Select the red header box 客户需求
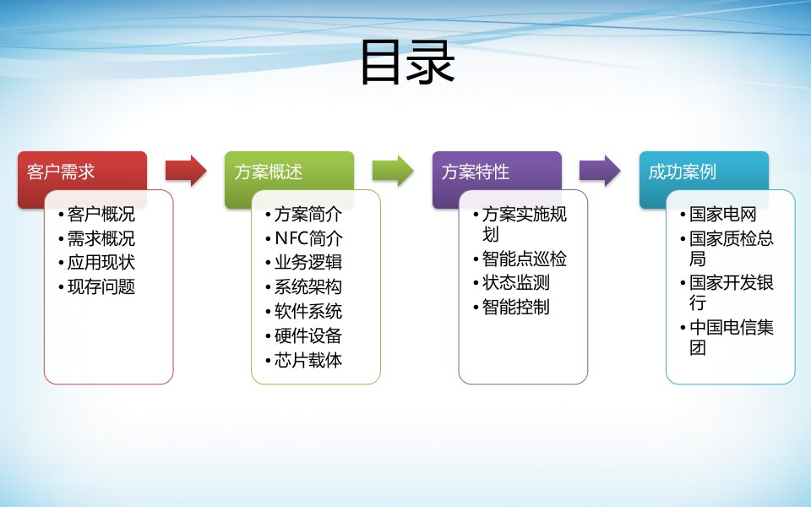tap(82, 172)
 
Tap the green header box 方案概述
tap(289, 172)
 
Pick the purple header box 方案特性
tap(497, 172)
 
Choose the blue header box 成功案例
tap(704, 172)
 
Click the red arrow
tap(186, 171)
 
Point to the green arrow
tap(393, 171)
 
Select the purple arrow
tap(600, 171)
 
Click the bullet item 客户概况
tap(101, 215)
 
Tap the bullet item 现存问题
tap(101, 286)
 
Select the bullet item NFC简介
tap(308, 238)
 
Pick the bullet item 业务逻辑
tap(308, 263)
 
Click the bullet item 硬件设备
tap(308, 335)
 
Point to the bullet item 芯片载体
tap(308, 359)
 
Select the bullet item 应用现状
tap(101, 263)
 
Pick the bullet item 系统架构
tap(308, 286)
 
